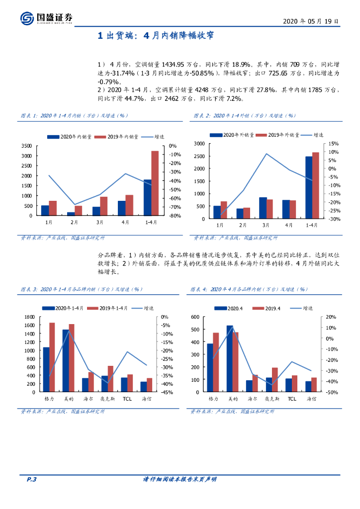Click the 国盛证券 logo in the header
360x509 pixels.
click(x=47, y=18)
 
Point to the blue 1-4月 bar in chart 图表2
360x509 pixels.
click(x=309, y=187)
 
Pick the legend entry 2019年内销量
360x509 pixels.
click(x=113, y=136)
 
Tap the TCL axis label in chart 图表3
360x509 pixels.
click(x=127, y=399)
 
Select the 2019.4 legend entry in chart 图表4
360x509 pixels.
click(x=269, y=308)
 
